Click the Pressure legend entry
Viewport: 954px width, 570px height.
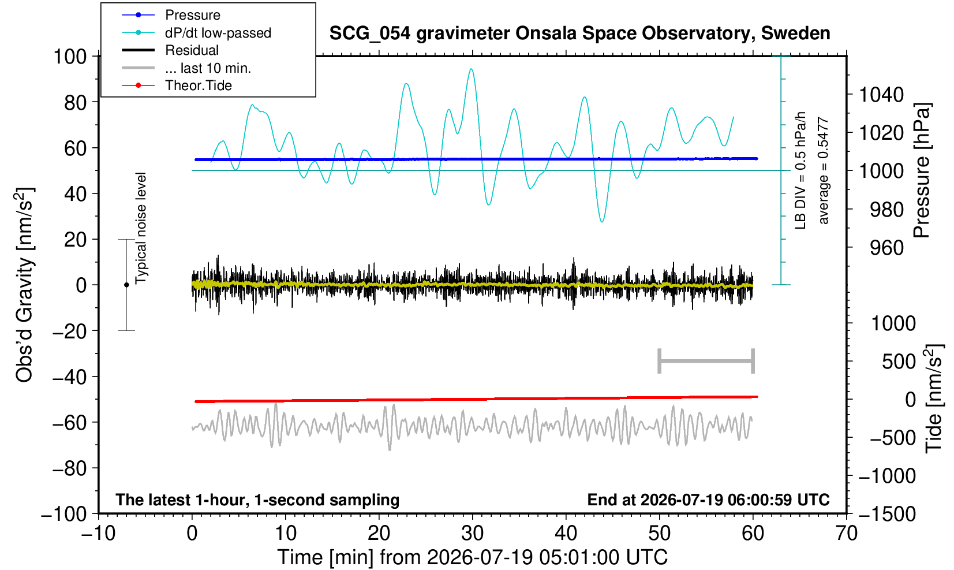(171, 15)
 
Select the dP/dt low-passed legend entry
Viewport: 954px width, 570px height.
(196, 33)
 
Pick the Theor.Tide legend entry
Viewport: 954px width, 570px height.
(177, 85)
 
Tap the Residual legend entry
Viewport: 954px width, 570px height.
(170, 50)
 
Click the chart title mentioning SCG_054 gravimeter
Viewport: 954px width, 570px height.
(579, 33)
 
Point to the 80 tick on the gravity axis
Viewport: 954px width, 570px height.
(76, 103)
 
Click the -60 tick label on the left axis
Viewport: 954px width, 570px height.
(70, 423)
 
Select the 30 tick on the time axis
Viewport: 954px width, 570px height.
(472, 534)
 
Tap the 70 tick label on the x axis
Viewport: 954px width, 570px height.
(846, 534)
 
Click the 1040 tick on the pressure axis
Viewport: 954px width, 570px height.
(881, 95)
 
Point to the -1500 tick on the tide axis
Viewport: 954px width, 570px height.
(887, 514)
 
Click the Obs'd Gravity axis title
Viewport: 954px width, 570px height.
(25, 285)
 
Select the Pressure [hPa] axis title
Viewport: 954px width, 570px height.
(922, 170)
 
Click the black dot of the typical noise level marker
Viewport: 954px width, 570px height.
(126, 285)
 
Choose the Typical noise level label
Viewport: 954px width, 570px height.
(141, 229)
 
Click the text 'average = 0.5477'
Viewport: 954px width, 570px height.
(824, 170)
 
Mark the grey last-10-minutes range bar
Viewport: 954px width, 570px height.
(706, 361)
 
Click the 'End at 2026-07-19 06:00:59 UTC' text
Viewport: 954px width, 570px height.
(708, 500)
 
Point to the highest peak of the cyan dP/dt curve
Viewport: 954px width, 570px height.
(470, 69)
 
